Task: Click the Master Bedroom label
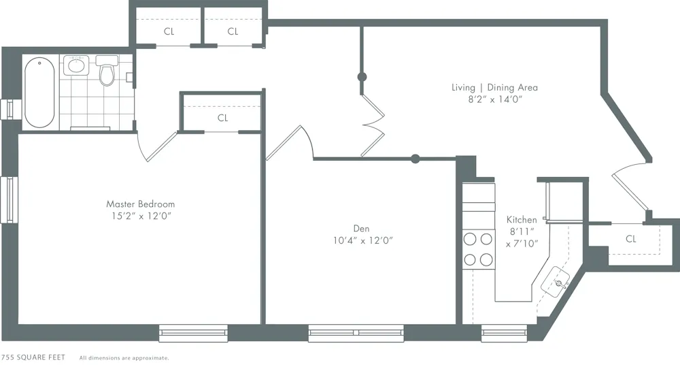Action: [140, 204]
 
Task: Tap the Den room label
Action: [361, 228]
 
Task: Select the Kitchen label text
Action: [522, 219]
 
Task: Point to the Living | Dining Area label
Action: [494, 87]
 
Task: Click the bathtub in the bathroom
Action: [39, 93]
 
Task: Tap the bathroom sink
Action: [75, 67]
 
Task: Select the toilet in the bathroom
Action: [106, 72]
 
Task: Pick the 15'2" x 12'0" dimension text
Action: [140, 216]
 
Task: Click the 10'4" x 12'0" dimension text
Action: [363, 240]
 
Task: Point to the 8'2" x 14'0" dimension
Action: [494, 99]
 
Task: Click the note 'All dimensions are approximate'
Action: [124, 358]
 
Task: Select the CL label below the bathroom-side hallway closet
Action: [223, 118]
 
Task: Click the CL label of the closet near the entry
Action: [631, 239]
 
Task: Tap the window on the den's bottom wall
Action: [356, 333]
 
